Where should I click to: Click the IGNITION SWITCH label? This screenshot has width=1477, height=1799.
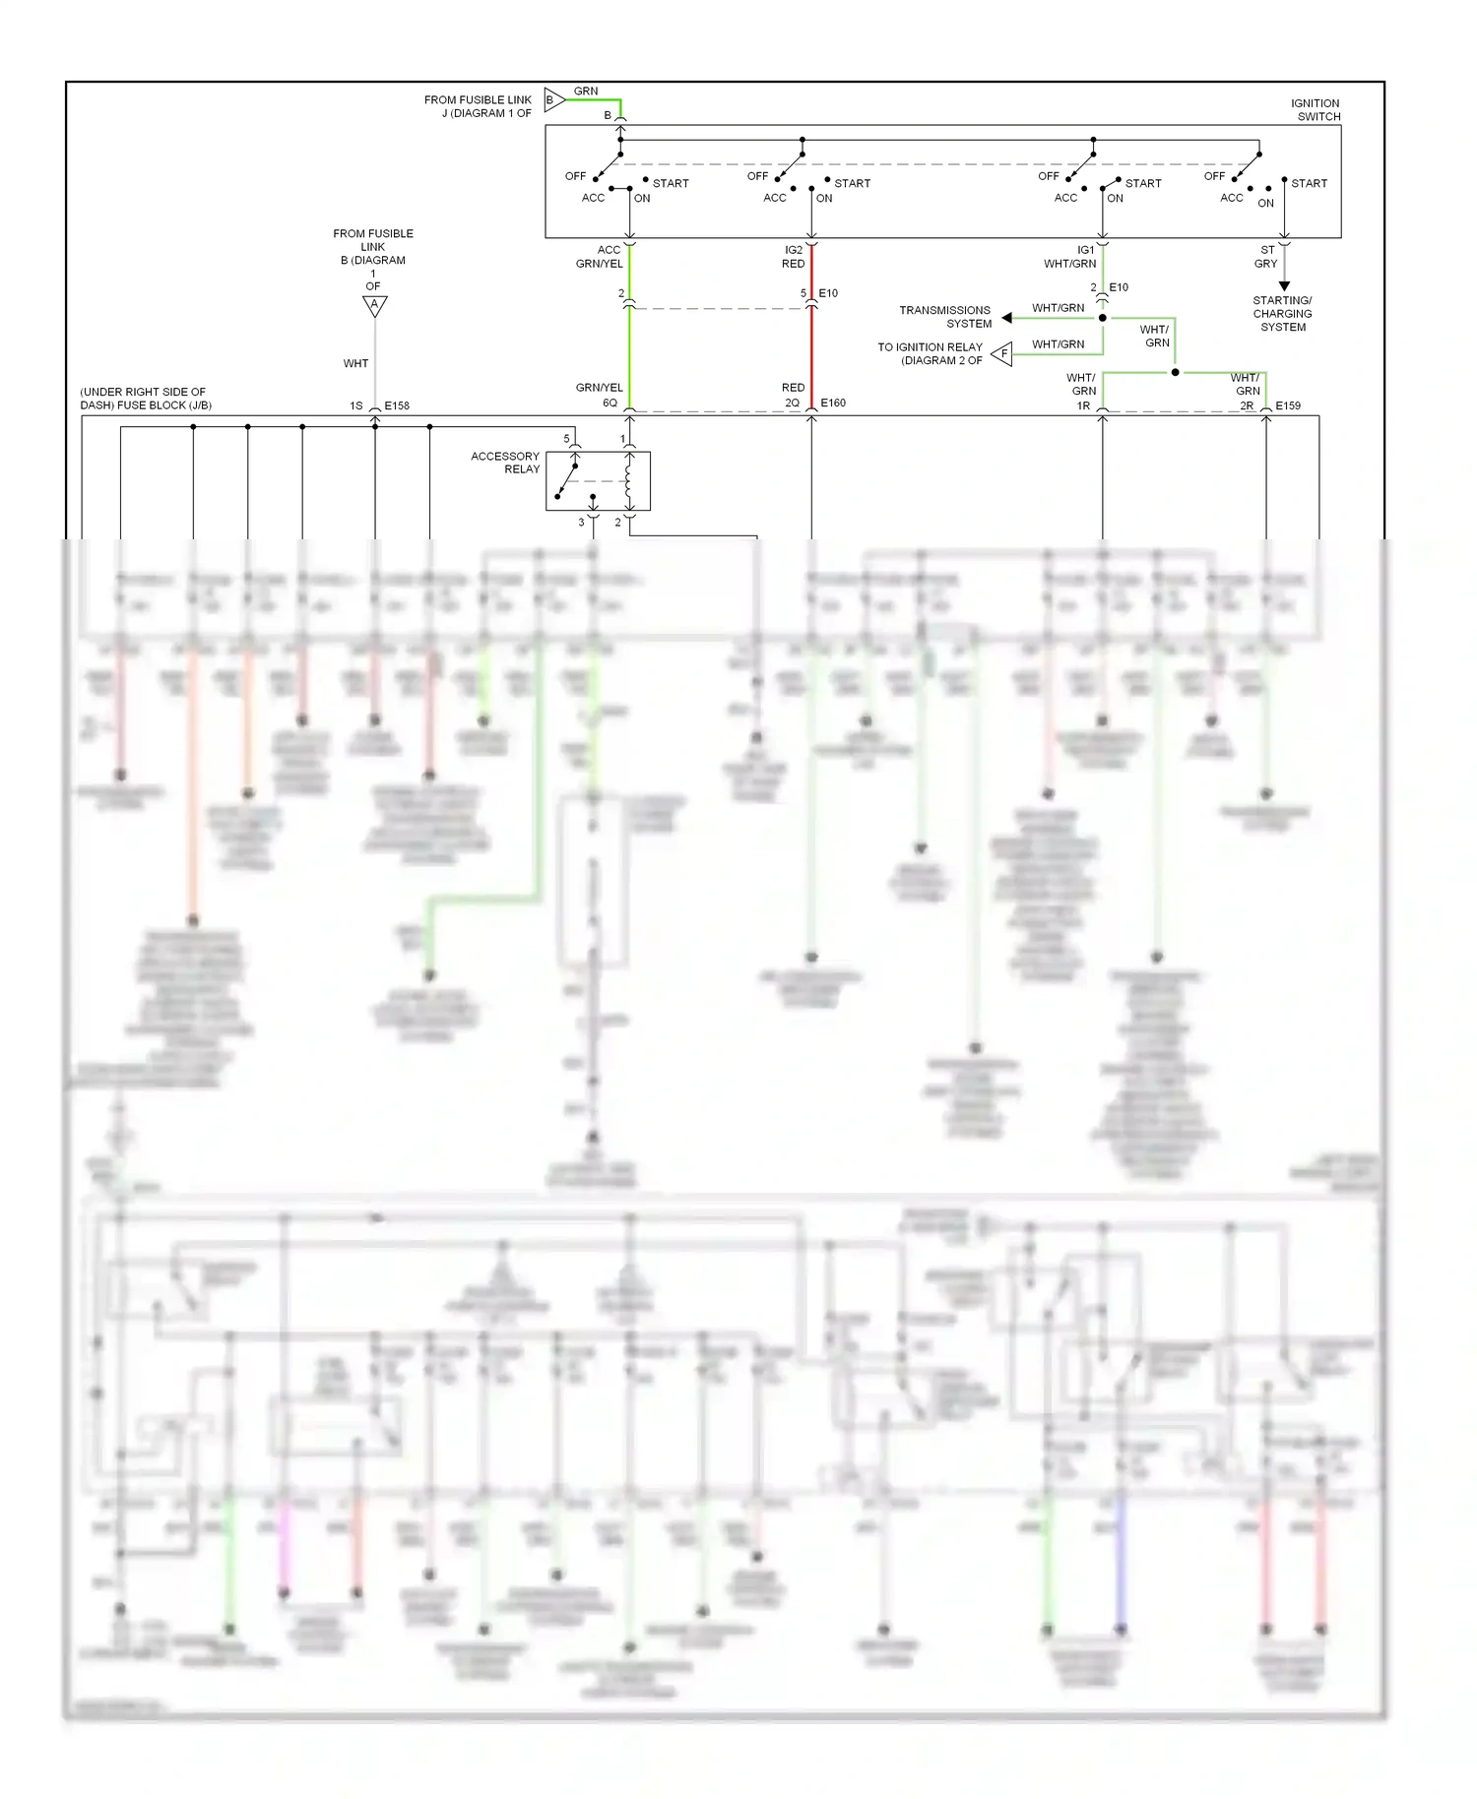coord(1316,109)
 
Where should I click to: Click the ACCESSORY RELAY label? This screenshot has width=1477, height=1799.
coord(505,463)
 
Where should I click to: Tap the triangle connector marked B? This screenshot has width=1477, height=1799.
coord(553,99)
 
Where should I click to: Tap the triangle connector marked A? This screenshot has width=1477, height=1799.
coord(374,305)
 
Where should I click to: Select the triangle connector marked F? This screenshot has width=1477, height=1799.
coord(1002,353)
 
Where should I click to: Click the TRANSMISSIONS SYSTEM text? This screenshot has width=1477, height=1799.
coord(945,317)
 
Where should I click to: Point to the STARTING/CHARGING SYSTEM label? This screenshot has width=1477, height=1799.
coord(1282,314)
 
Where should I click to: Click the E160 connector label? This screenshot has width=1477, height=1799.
coord(833,403)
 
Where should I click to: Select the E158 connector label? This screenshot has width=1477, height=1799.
coord(397,405)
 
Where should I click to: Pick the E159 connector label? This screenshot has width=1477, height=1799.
coord(1288,405)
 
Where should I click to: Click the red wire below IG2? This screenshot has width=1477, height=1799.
coord(811,344)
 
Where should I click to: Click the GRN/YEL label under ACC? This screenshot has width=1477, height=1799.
coord(599,264)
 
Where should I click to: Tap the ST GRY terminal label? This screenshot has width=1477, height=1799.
coord(1266,257)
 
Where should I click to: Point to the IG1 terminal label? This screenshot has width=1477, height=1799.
coord(1085,250)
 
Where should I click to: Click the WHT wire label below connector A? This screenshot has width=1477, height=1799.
coord(355,363)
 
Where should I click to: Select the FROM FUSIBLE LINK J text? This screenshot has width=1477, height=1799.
coord(478,106)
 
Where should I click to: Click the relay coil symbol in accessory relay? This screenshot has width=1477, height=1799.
coord(628,481)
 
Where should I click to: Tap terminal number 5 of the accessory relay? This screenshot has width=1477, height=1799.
coord(566,438)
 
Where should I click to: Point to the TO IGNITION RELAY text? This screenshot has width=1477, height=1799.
coord(931,353)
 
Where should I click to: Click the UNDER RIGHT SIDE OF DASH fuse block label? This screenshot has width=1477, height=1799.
coord(145,399)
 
